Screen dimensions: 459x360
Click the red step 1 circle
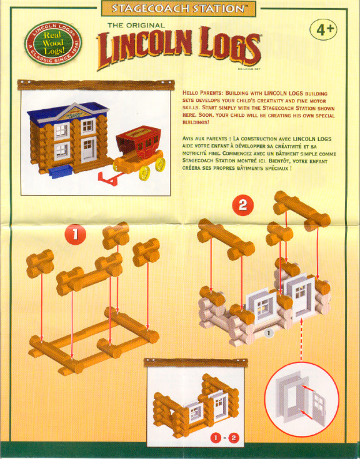coord(75,235)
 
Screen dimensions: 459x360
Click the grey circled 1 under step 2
coord(268,333)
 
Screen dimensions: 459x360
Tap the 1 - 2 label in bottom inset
coord(224,437)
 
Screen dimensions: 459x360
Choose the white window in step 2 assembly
coord(262,307)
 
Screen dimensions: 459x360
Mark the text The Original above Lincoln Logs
coord(136,25)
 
